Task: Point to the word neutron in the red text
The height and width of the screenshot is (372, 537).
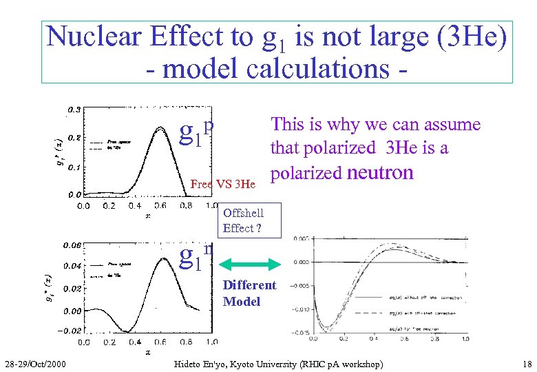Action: [380, 172]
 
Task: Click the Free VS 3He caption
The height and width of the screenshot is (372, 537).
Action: [222, 184]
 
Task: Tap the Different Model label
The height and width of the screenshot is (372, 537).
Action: [249, 293]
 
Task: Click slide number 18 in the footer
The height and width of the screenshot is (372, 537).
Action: [527, 363]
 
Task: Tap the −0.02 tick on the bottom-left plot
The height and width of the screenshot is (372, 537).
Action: [70, 331]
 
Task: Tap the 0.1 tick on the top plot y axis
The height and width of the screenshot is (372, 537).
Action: [72, 167]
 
